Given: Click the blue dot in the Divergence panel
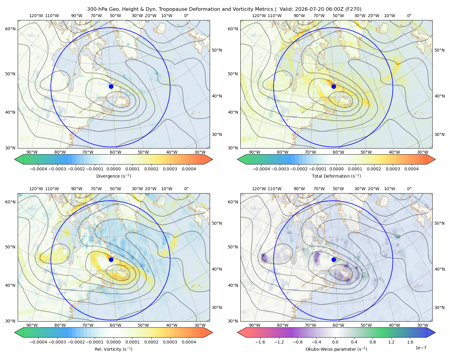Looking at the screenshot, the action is (111, 86).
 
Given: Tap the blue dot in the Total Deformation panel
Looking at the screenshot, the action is (334, 86).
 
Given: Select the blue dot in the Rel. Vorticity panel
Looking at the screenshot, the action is (111, 259).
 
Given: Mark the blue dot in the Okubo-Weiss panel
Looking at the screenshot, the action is (334, 259).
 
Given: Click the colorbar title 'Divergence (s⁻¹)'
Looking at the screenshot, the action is (113, 176).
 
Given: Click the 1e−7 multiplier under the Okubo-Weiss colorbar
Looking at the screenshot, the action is (421, 348).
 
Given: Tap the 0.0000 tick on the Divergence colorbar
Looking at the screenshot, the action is (113, 169).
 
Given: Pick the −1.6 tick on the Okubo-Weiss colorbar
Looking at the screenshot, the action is (260, 342).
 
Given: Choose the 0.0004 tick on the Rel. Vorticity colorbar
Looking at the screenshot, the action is (189, 342).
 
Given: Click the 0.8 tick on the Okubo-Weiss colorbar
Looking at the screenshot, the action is (373, 342).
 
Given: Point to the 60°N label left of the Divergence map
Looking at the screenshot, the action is (10, 29).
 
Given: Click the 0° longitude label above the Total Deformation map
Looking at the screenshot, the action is (409, 16).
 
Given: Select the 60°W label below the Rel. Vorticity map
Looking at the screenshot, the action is (115, 325).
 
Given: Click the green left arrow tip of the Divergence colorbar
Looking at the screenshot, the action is (15, 159).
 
